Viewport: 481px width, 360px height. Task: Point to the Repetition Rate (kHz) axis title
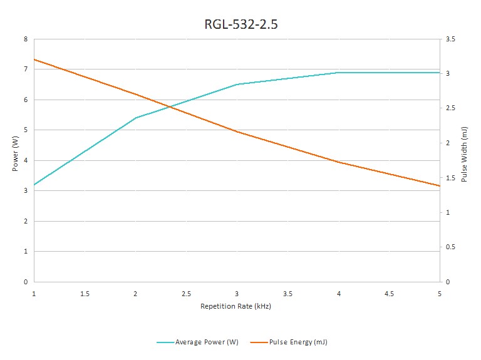coord(235,307)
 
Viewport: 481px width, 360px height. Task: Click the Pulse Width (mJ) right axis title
coord(464,155)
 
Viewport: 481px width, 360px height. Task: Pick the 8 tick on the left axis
coord(26,39)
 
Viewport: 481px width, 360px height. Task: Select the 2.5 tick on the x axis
coord(186,293)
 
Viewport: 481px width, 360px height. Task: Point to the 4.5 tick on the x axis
coord(389,293)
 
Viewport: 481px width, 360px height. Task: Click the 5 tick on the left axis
coord(26,130)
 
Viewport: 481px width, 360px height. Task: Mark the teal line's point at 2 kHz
coord(135,118)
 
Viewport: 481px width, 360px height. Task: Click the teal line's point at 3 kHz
coord(237,84)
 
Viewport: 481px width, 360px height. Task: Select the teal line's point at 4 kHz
coord(338,73)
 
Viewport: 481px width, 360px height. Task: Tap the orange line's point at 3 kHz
coord(237,131)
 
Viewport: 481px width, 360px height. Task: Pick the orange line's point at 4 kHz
coord(338,162)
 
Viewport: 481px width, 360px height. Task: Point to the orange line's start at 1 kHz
coord(34,59)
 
